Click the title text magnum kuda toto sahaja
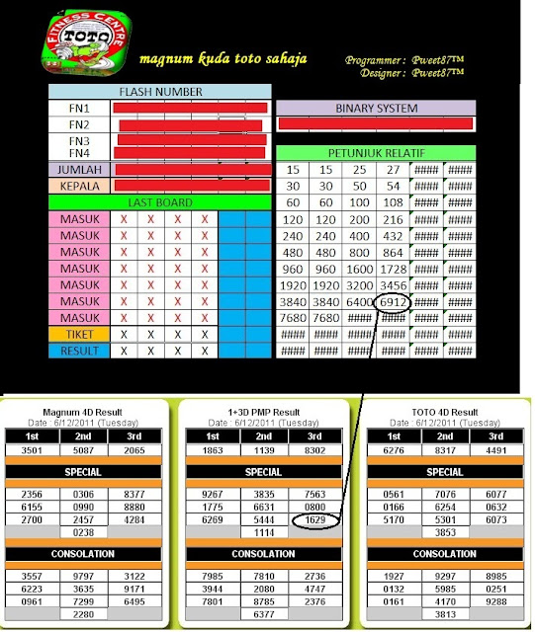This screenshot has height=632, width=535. coord(223,58)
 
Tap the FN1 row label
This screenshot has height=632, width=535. coord(79,109)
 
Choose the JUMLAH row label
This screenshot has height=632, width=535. coord(79,170)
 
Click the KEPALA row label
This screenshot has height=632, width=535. coord(79,186)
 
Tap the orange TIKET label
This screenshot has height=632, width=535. coord(79,334)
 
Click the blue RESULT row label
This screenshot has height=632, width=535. coord(79,351)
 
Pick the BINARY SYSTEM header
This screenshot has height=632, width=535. coord(376,108)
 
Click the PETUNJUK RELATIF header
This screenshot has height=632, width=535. coord(376,153)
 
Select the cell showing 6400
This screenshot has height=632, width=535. coord(360,301)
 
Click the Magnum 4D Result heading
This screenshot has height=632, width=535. coord(90,412)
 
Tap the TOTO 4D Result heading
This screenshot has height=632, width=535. coord(443,412)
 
